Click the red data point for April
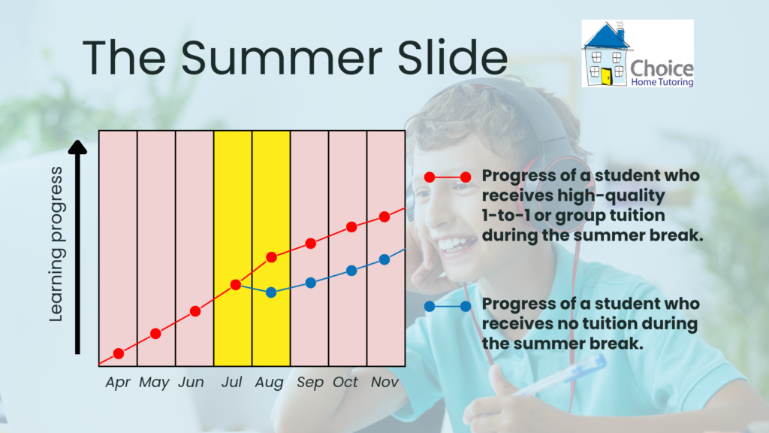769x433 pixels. [118, 353]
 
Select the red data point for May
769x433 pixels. [155, 334]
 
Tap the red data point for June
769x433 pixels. [195, 311]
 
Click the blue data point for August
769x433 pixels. [270, 292]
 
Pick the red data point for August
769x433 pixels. [271, 257]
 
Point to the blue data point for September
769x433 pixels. [310, 283]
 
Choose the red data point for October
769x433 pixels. [351, 227]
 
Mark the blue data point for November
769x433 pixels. [384, 259]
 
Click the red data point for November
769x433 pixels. [384, 217]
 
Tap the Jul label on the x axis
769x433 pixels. [231, 382]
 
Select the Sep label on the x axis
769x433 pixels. [310, 383]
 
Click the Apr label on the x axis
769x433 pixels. [118, 383]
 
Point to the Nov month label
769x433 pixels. [384, 382]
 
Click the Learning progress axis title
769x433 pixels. [56, 244]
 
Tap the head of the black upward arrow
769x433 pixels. [77, 147]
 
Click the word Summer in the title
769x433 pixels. [282, 57]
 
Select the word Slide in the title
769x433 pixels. [452, 57]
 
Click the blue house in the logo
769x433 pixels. [606, 55]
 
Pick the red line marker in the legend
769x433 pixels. [448, 177]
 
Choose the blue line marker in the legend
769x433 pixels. [448, 307]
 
